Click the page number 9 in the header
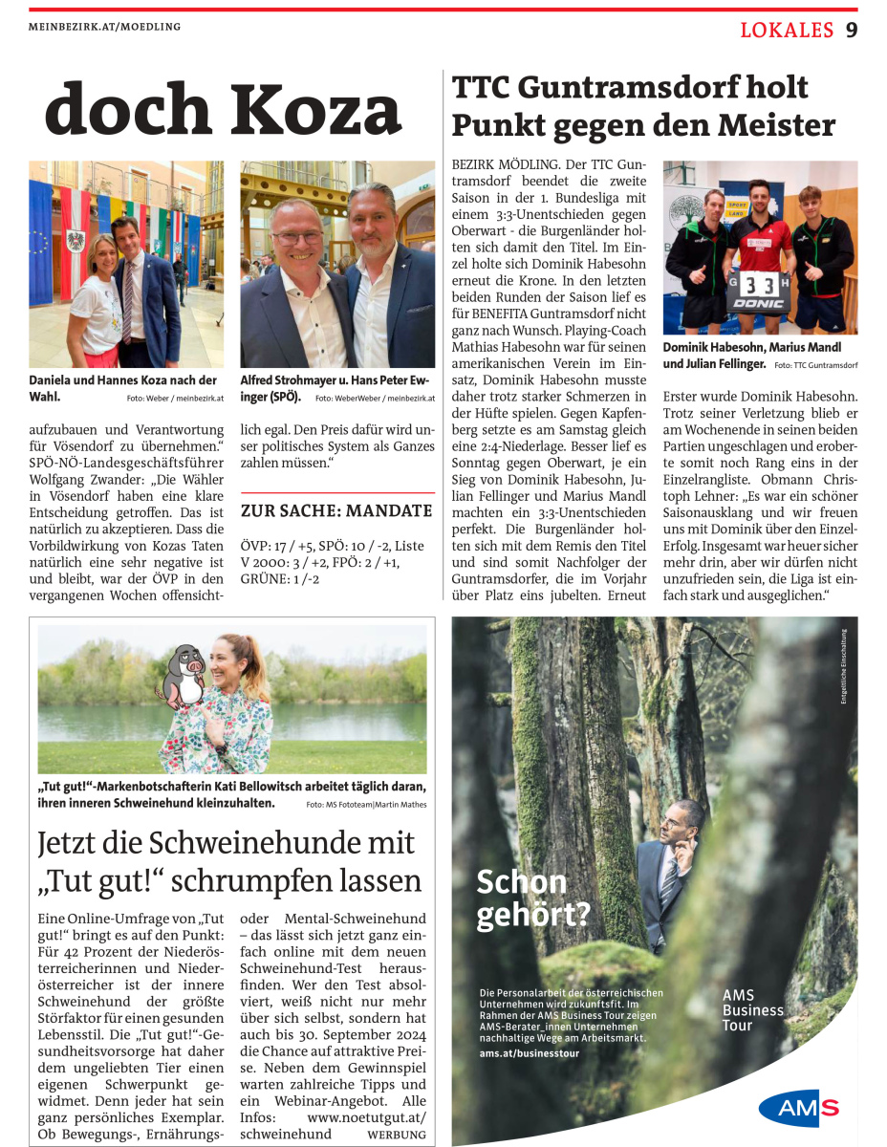pos(851,31)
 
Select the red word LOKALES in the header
pos(787,31)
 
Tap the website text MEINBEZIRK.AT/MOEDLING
pos(105,27)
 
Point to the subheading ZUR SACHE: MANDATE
pos(336,510)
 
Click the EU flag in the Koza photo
pos(40,229)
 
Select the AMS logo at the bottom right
pos(799,1108)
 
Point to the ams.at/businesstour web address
pos(535,1052)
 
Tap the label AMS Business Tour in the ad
pos(752,1010)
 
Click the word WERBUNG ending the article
pos(397,1135)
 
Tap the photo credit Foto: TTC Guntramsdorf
pos(815,365)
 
